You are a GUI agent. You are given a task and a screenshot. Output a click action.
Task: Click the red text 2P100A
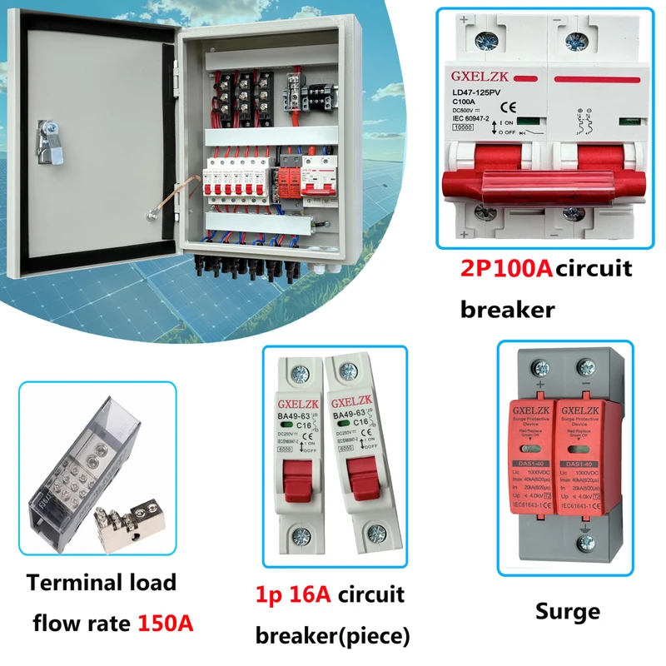pyautogui.click(x=506, y=270)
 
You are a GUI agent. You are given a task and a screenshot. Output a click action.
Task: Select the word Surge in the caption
pyautogui.click(x=569, y=612)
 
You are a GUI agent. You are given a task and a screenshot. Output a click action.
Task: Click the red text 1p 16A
pyautogui.click(x=293, y=595)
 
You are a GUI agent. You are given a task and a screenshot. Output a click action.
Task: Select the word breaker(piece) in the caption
pyautogui.click(x=332, y=637)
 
